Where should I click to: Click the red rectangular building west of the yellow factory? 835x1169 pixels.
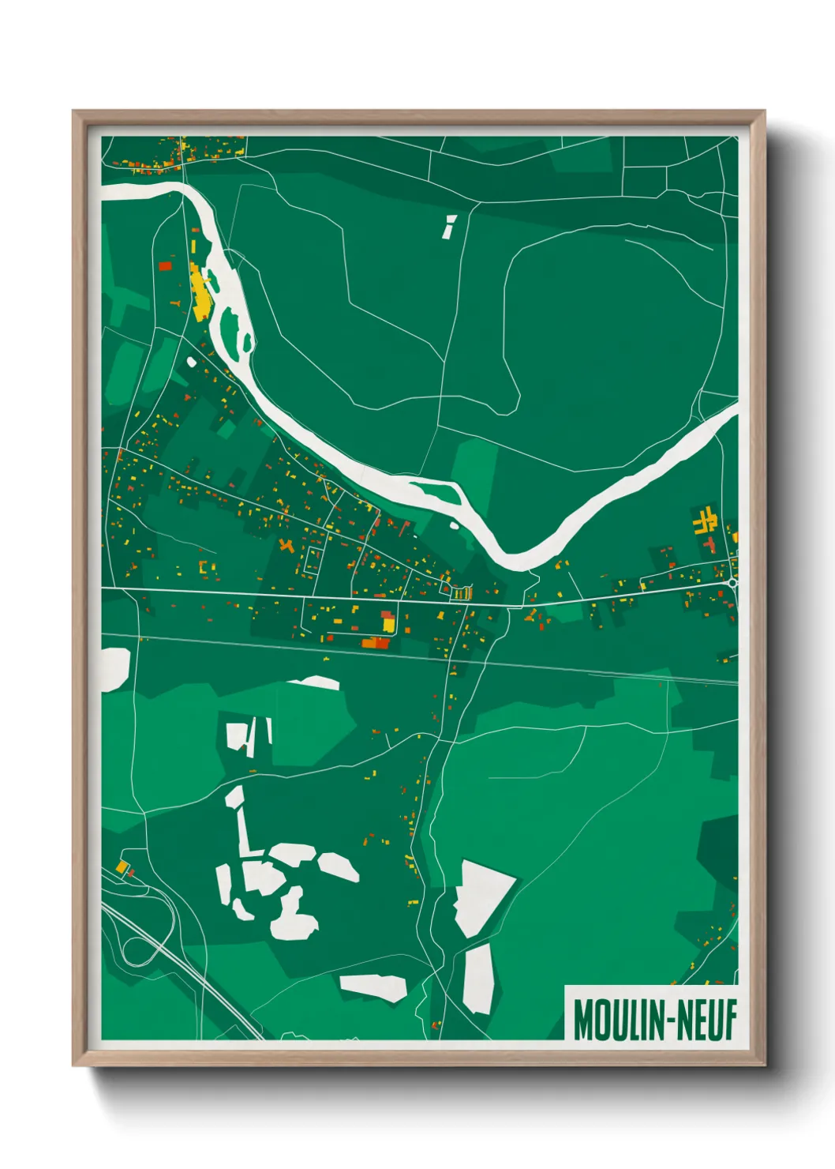(x=165, y=266)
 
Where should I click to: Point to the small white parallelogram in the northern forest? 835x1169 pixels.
(x=449, y=226)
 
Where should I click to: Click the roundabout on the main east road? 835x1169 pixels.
(x=734, y=583)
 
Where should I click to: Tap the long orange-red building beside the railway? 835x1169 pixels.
(x=376, y=643)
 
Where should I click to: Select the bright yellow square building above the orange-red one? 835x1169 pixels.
(x=388, y=625)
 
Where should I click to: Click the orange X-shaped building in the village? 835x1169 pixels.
(x=285, y=544)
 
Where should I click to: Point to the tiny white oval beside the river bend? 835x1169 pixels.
(x=454, y=524)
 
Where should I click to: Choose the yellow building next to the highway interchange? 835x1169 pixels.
(x=122, y=867)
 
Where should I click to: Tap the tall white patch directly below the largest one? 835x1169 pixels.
(x=478, y=979)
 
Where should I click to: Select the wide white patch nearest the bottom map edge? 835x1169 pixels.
(x=374, y=987)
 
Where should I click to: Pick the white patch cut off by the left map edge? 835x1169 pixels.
(x=114, y=669)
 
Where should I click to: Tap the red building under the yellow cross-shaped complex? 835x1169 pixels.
(x=710, y=544)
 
